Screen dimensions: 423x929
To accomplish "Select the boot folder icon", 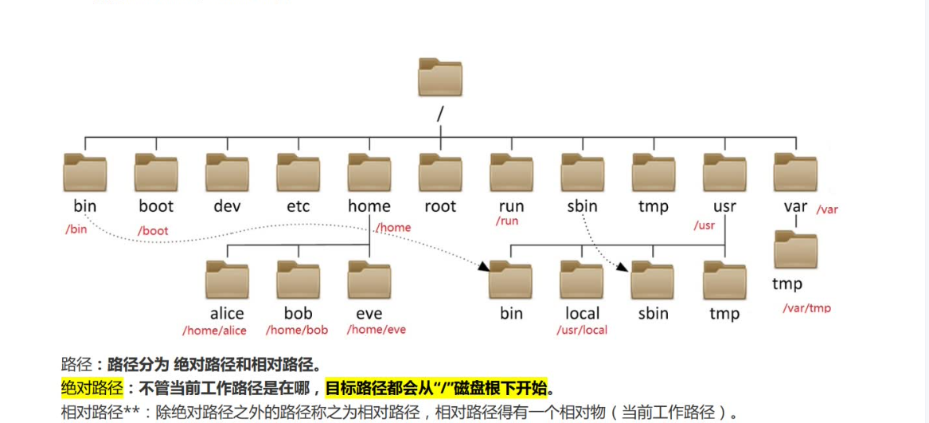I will click(x=156, y=171).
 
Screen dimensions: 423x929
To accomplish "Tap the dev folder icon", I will click(x=227, y=171).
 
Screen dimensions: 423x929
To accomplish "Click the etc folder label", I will click(x=298, y=206).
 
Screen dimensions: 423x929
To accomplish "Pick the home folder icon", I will click(x=369, y=171).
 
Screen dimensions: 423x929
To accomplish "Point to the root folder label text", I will click(x=440, y=206).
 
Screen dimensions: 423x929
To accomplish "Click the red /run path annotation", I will click(x=506, y=221).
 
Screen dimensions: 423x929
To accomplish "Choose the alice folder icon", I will click(x=227, y=279).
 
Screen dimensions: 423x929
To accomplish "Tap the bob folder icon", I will click(x=298, y=279).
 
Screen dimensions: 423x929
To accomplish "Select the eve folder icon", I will click(x=369, y=279).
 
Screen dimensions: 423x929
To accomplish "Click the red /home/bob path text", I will click(x=297, y=330).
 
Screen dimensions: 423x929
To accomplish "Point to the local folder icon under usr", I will click(x=582, y=279).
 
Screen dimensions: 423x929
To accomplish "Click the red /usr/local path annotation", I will click(x=582, y=330).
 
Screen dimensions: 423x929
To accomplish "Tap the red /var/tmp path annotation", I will click(x=806, y=308).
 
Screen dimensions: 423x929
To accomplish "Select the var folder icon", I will click(x=795, y=171).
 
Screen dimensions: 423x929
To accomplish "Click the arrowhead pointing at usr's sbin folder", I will click(x=625, y=269).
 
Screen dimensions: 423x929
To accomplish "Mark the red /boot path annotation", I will click(x=153, y=231).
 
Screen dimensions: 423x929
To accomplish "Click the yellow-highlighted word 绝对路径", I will click(x=92, y=389).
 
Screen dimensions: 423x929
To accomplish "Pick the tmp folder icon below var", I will click(x=795, y=250).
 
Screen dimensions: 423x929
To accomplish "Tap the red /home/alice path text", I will click(x=214, y=331).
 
